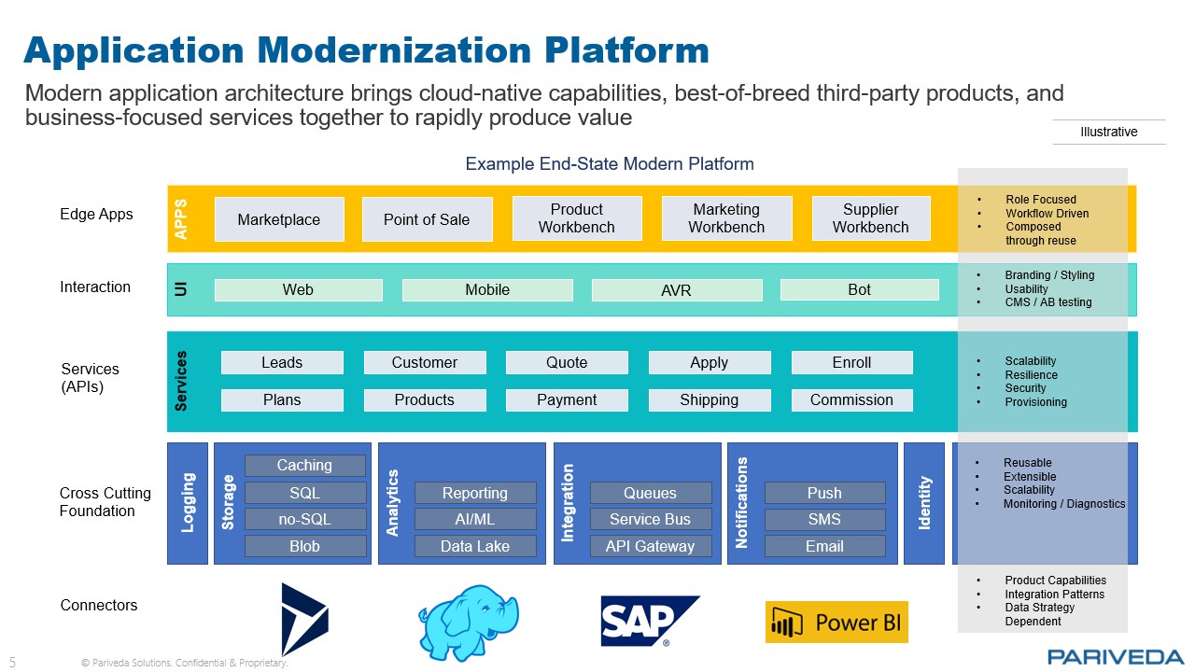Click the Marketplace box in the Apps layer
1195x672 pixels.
coord(279,219)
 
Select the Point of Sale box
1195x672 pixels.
coord(427,219)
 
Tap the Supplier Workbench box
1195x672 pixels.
coord(870,218)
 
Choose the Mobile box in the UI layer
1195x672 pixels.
coord(487,290)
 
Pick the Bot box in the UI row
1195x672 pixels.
coord(859,290)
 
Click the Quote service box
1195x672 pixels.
coord(567,362)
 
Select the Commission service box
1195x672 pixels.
coord(851,399)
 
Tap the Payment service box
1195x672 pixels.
coord(567,399)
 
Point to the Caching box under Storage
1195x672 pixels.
coord(304,465)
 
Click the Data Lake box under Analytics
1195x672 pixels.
coord(475,546)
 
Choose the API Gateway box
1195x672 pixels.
coord(650,546)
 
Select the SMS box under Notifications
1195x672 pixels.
coord(824,519)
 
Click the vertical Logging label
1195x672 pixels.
coord(188,503)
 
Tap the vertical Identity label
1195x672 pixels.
coord(924,503)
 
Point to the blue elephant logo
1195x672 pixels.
coord(468,621)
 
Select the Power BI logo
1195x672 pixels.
coord(836,623)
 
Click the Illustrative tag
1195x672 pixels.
coord(1109,132)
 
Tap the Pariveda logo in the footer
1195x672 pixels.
coord(1116,656)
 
